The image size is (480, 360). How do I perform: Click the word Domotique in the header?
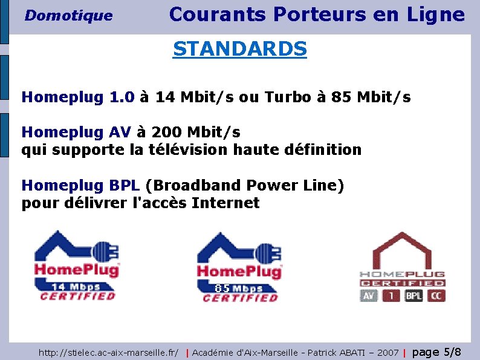[x=68, y=16]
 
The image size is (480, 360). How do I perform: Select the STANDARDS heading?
[x=239, y=48]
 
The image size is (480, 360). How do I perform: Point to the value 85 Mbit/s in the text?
[x=371, y=97]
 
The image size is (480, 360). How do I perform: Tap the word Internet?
[x=225, y=203]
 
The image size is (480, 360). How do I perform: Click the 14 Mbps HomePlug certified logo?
[x=77, y=266]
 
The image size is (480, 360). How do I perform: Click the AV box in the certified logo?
[x=369, y=296]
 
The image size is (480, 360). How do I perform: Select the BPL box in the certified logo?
[x=414, y=296]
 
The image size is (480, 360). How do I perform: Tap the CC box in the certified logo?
[x=436, y=296]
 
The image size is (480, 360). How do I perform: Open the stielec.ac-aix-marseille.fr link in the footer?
[x=108, y=352]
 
